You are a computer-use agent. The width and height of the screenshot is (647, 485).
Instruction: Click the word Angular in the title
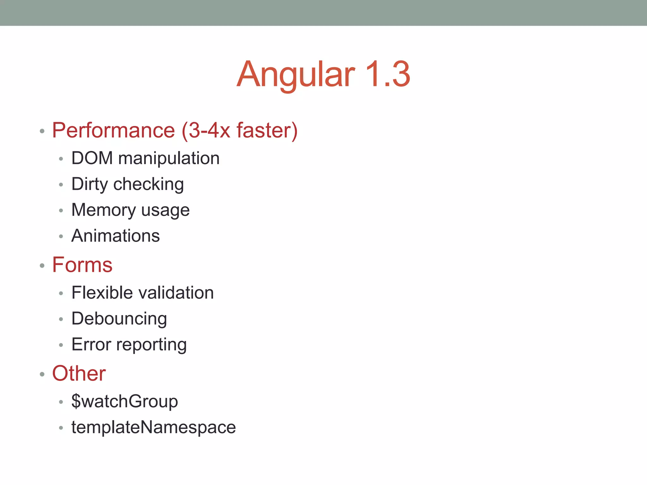[x=296, y=74]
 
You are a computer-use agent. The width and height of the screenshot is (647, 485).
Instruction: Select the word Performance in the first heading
[x=113, y=130]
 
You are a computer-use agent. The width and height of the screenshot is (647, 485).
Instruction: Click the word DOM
[x=92, y=158]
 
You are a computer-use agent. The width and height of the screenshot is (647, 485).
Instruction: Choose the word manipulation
[x=169, y=158]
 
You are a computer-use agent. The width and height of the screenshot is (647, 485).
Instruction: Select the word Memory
[x=104, y=210]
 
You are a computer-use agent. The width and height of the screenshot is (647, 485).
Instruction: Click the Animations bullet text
[x=116, y=236]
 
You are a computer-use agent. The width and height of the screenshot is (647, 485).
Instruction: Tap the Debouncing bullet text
[x=119, y=319]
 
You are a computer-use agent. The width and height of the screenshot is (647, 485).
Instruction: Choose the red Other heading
[x=79, y=374]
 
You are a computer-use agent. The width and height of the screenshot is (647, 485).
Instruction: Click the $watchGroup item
[x=124, y=401]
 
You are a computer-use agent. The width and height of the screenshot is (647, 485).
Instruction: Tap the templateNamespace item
[x=154, y=427]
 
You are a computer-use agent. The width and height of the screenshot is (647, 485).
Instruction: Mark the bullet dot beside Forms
[x=42, y=266]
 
